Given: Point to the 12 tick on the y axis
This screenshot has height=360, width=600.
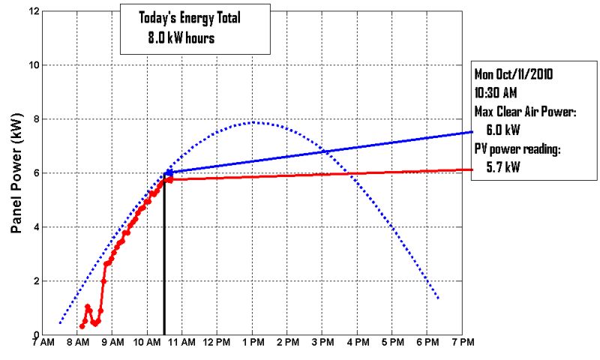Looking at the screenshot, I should click(34, 11).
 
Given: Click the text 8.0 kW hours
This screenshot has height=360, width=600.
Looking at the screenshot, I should click(181, 37).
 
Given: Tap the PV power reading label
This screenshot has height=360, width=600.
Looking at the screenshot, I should click(517, 148).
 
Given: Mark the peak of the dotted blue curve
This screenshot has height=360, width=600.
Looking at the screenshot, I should click(253, 122).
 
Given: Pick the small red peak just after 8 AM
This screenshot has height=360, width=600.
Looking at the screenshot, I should click(87, 306).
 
